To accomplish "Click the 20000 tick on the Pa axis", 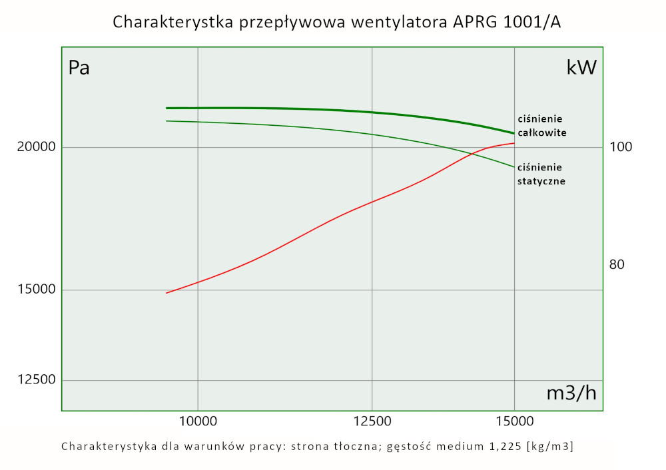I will click(x=35, y=147).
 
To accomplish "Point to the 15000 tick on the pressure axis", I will click(x=35, y=290).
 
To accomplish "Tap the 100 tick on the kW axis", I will click(x=620, y=147).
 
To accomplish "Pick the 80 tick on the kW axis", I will click(x=617, y=264).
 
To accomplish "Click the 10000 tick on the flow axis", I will click(x=198, y=421).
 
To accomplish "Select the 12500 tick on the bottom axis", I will click(x=372, y=421).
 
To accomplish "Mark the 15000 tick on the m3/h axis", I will click(x=514, y=421).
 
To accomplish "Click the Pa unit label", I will click(x=79, y=68).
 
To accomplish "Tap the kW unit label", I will click(x=581, y=68).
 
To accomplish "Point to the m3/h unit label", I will click(x=571, y=393).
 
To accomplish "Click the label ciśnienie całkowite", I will click(x=541, y=126).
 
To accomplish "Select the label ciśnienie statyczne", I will click(x=541, y=174).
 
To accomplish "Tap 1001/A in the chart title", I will click(x=533, y=23).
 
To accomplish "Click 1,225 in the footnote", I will click(x=501, y=445).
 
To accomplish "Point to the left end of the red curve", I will click(x=166, y=293).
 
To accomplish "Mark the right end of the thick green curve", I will click(x=514, y=133).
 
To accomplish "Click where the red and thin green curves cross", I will click(x=472, y=154).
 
